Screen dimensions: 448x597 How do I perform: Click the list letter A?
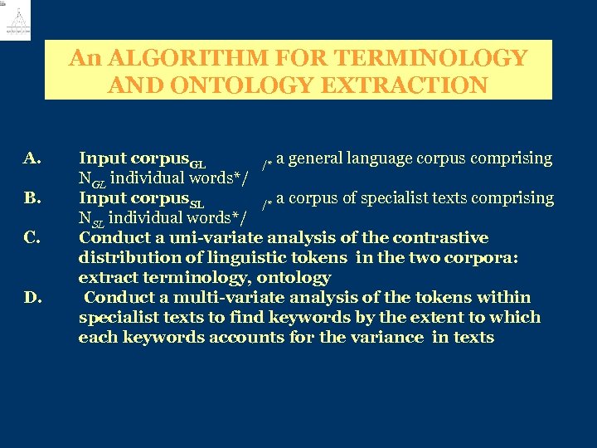point(33,158)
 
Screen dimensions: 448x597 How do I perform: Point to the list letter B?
point(33,197)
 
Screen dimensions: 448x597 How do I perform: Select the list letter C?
point(33,238)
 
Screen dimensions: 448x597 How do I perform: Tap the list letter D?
point(33,297)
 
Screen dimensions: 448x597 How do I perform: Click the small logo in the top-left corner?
point(15,21)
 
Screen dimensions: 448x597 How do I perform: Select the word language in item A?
point(391,158)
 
